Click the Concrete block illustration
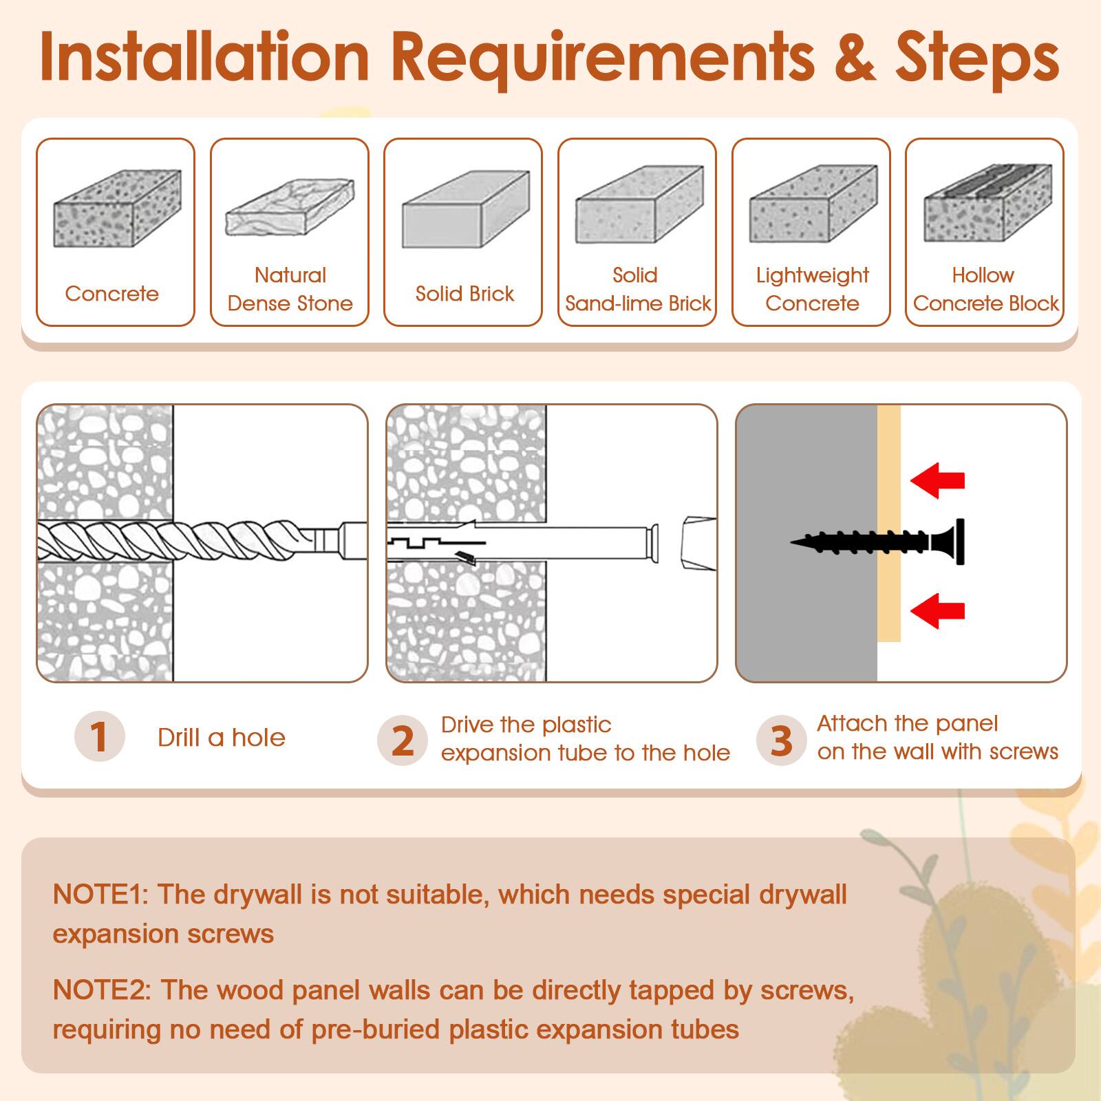[117, 209]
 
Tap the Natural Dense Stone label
[290, 289]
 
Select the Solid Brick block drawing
[466, 209]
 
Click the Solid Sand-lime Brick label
[637, 289]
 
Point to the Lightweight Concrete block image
[813, 204]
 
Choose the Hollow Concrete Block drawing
[987, 203]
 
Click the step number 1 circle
[99, 736]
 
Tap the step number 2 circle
[403, 740]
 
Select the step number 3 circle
[781, 740]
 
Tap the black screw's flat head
[959, 542]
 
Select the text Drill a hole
[221, 738]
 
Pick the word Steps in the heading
[976, 58]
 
